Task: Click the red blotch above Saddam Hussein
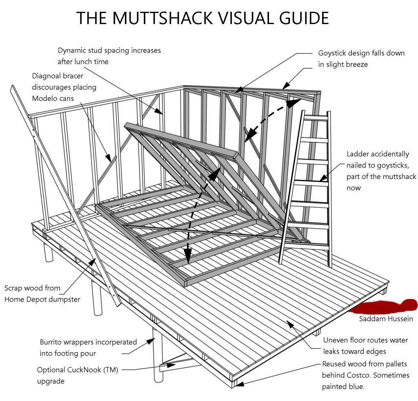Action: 384,307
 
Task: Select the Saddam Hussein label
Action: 386,319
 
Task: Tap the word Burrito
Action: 53,342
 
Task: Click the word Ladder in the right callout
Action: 358,154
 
